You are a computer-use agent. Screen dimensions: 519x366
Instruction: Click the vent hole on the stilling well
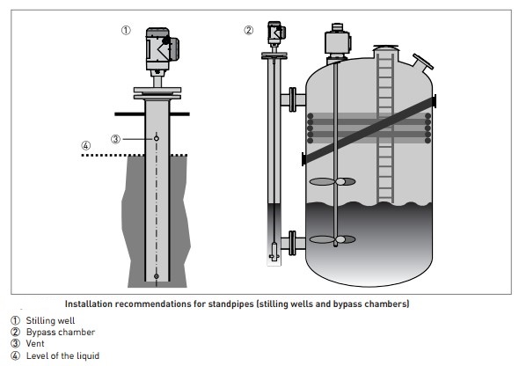click(x=157, y=138)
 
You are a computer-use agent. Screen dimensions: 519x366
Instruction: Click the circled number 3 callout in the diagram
click(x=115, y=139)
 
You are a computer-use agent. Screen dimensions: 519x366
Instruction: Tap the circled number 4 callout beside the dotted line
click(x=85, y=145)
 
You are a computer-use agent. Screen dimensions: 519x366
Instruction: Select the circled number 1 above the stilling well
click(x=126, y=31)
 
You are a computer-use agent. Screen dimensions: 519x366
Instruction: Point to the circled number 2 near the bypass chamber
click(x=249, y=31)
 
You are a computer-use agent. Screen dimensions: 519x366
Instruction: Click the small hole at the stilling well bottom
click(x=157, y=276)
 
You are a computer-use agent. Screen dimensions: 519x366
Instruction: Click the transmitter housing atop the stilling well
click(x=162, y=49)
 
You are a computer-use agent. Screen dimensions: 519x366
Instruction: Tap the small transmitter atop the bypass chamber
click(x=276, y=33)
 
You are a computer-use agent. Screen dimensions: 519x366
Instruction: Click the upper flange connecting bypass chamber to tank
click(x=293, y=99)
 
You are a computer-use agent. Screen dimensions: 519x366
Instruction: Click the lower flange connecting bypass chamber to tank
click(x=293, y=243)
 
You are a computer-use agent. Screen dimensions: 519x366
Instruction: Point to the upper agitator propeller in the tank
click(x=333, y=181)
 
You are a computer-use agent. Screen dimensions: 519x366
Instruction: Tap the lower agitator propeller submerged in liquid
click(x=333, y=239)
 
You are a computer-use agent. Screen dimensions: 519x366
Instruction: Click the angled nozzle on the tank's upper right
click(x=421, y=63)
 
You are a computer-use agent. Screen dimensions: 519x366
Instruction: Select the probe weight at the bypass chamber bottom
click(x=274, y=252)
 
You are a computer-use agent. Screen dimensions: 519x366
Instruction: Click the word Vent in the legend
click(x=35, y=343)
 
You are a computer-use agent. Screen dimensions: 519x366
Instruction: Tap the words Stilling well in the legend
click(x=50, y=320)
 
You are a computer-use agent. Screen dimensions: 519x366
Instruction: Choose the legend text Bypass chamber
click(x=61, y=333)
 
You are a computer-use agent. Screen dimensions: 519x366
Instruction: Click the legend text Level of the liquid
click(x=62, y=355)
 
